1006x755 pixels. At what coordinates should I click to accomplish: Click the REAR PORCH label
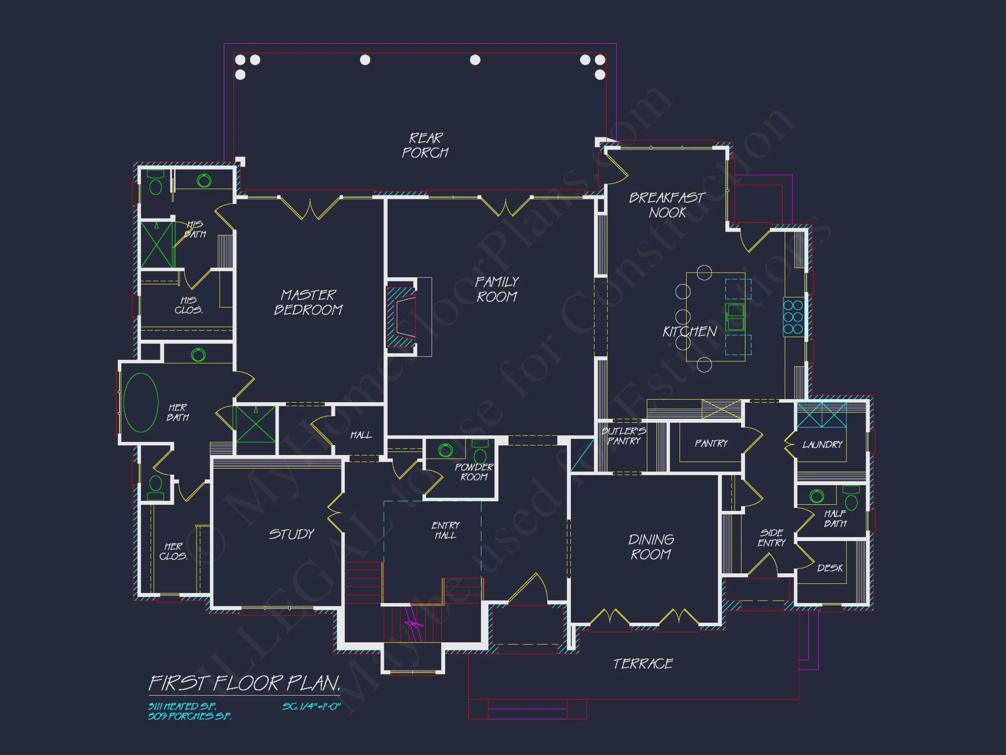425,145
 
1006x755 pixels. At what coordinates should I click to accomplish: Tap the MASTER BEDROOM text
308,302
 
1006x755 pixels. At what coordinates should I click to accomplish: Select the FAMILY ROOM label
497,289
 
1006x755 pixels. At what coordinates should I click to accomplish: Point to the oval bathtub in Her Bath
141,403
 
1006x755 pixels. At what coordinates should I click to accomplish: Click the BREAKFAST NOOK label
667,205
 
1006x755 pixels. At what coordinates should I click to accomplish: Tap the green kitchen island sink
735,317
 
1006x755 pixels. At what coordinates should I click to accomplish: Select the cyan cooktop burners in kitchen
793,317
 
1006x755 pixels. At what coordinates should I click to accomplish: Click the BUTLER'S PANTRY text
624,436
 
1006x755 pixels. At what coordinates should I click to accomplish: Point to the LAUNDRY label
822,444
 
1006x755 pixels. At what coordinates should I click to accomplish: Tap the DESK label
829,568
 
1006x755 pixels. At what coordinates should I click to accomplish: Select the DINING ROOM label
651,547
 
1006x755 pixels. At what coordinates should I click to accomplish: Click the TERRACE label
643,664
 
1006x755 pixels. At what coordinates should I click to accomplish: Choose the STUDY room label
291,534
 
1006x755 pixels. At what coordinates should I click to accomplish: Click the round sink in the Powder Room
446,450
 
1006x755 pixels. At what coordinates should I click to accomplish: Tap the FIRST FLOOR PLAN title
244,684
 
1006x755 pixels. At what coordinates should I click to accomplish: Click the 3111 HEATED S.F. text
182,706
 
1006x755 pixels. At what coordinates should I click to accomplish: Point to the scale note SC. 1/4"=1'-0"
311,706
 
